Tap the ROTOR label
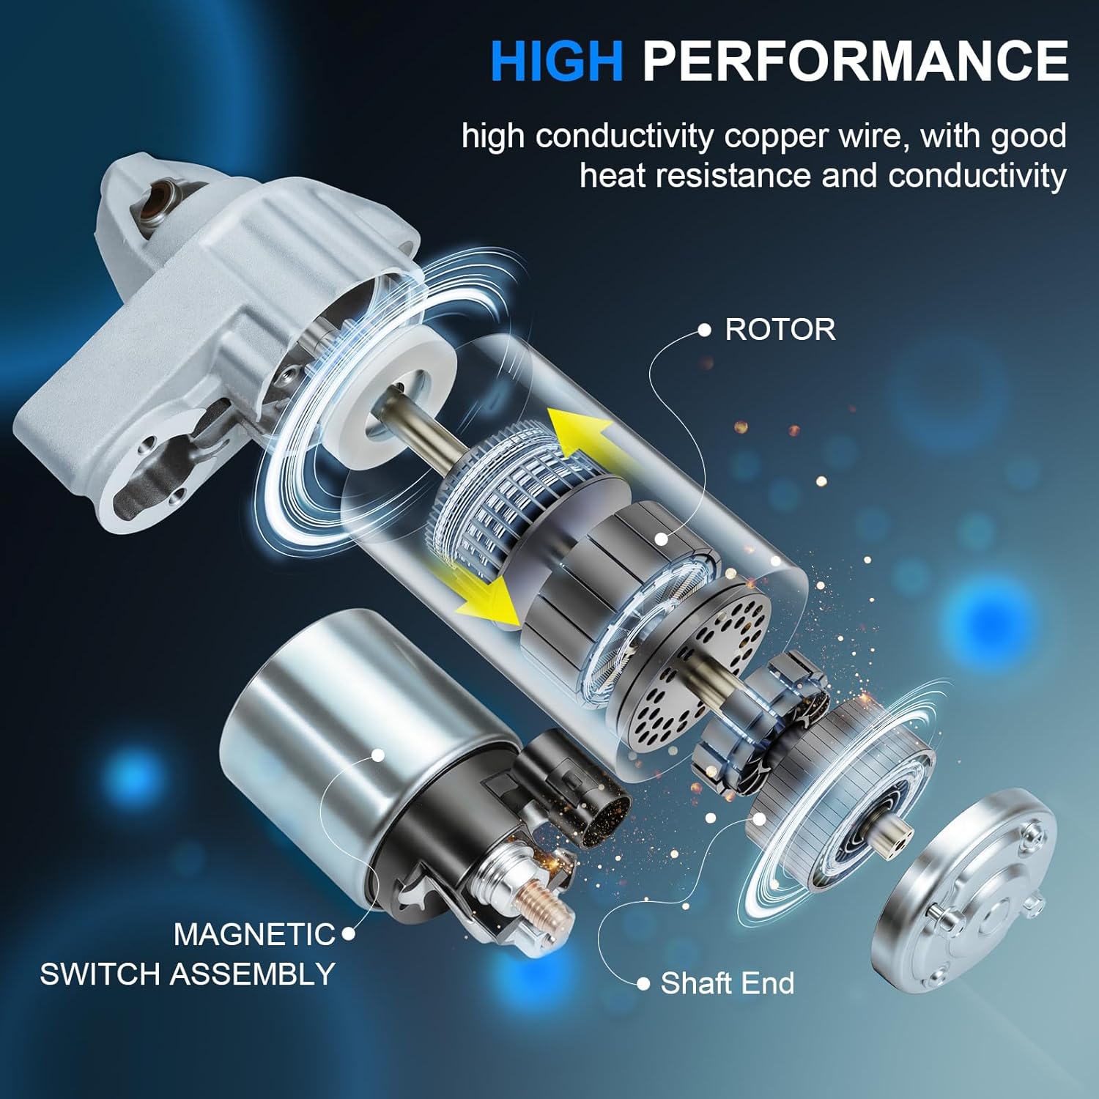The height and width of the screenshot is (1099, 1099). click(780, 330)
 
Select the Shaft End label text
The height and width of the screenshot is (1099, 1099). click(727, 983)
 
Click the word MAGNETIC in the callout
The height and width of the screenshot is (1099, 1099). click(254, 934)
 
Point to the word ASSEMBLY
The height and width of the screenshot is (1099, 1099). click(253, 974)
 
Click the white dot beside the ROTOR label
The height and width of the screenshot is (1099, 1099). click(704, 330)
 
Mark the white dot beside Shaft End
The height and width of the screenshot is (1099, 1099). click(643, 984)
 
